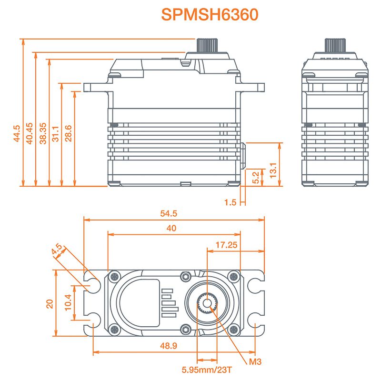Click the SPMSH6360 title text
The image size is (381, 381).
[x=210, y=14]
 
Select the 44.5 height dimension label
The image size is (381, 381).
[x=17, y=134]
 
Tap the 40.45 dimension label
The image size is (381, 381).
[x=30, y=134]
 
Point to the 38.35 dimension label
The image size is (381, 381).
[x=43, y=134]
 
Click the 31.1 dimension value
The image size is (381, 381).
[x=56, y=134]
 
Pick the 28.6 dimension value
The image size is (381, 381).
[x=69, y=134]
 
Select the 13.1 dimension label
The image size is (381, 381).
[x=273, y=170]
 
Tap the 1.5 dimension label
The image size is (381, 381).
[x=230, y=202]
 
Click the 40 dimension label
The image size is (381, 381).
[x=171, y=228]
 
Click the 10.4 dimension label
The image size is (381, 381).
[x=67, y=303]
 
